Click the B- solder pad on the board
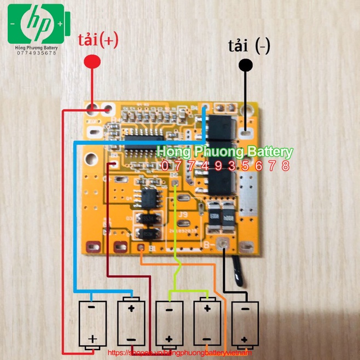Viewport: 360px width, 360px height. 222,246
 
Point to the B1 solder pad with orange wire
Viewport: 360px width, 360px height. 142,249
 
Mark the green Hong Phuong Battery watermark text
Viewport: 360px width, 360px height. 225,152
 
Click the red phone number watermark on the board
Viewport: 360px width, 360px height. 225,166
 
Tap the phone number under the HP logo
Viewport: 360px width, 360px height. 37,53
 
